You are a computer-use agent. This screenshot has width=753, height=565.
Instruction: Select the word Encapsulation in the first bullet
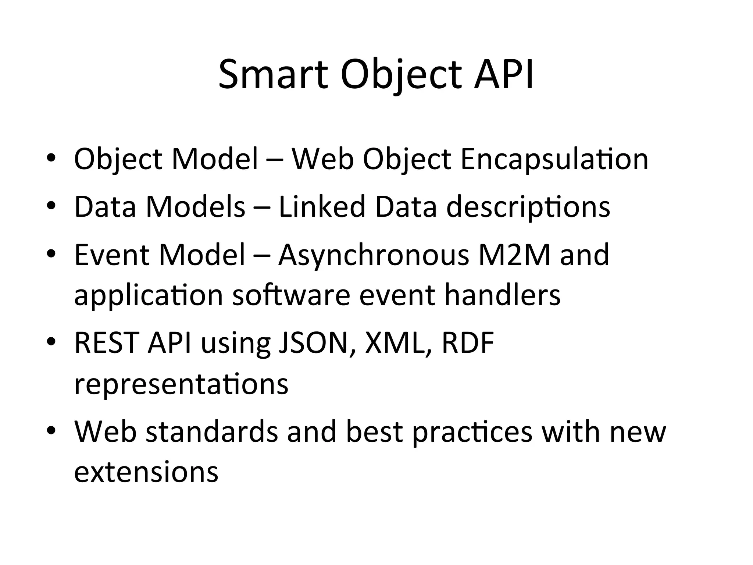coord(554,159)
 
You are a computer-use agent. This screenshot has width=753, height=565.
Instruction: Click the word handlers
coord(502,295)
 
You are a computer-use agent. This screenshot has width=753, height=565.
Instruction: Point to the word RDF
coord(468,343)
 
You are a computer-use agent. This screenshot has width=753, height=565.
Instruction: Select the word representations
coord(181,384)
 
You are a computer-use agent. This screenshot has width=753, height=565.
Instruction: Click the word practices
coord(472,433)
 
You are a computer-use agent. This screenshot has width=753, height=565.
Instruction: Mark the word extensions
coord(146,472)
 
